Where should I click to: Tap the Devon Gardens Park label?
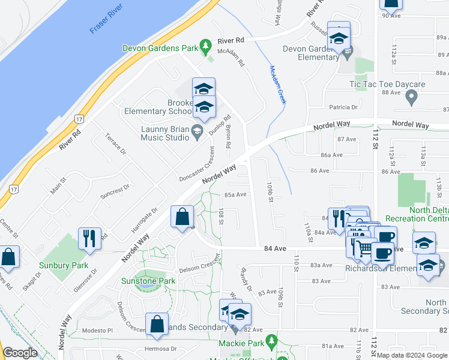coord(160,47)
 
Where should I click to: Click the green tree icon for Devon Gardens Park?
coord(206,46)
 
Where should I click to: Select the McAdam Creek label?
coord(277,84)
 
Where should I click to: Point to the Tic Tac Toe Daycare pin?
coord(411,97)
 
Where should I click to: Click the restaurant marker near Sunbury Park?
coord(89,238)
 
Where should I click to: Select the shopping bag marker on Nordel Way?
coord(182,217)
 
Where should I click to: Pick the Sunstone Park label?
coord(148,281)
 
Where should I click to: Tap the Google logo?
coord(20,353)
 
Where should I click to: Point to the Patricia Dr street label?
coord(343,107)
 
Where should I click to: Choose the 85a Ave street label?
coord(236,194)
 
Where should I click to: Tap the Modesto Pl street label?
coord(98,331)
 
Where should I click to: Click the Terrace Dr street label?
coord(116,143)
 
